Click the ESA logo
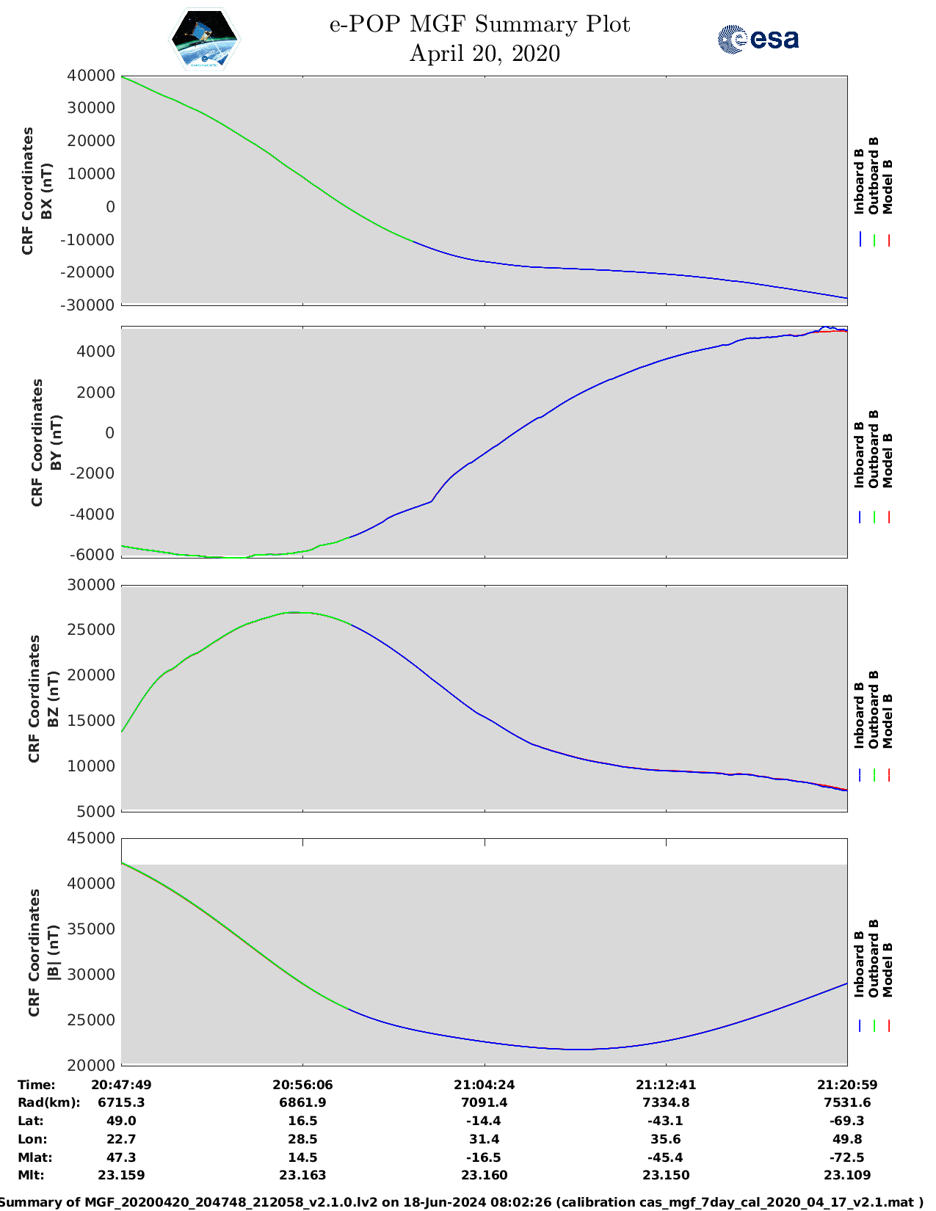(x=758, y=39)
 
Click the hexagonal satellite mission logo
(x=205, y=40)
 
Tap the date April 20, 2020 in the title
(x=485, y=54)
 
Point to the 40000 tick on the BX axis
(x=92, y=76)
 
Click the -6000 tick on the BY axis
(x=93, y=555)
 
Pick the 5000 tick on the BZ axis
(x=98, y=811)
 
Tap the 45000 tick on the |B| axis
(x=92, y=838)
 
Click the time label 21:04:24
(x=484, y=1084)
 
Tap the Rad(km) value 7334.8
(x=666, y=1102)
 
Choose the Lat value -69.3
(x=847, y=1121)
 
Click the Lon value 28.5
(x=302, y=1139)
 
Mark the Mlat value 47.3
(x=121, y=1157)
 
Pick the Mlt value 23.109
(x=847, y=1175)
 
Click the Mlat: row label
(x=35, y=1157)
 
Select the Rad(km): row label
(x=48, y=1102)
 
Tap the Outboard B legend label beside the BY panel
(x=874, y=448)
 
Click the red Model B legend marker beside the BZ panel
(x=888, y=774)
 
